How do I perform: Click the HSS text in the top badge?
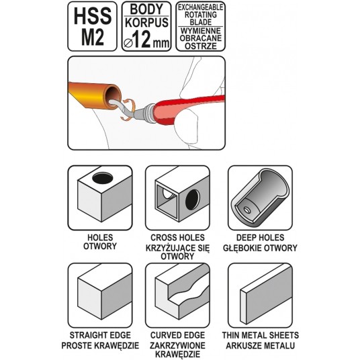(x=93, y=16)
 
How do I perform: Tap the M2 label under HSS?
(x=93, y=38)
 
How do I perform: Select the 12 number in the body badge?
(x=142, y=39)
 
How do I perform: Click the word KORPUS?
(x=146, y=23)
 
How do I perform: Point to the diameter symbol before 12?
(x=128, y=43)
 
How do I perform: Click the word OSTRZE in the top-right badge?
(x=201, y=46)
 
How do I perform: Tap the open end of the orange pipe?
(x=113, y=97)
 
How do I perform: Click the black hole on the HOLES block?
(x=103, y=178)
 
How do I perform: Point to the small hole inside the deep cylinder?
(x=246, y=210)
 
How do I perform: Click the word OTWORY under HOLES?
(x=100, y=246)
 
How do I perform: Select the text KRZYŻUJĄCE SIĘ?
(x=177, y=248)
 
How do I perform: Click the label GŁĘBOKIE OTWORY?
(x=260, y=248)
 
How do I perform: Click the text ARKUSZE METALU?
(x=261, y=345)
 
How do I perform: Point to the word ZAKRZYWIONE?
(x=177, y=345)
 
